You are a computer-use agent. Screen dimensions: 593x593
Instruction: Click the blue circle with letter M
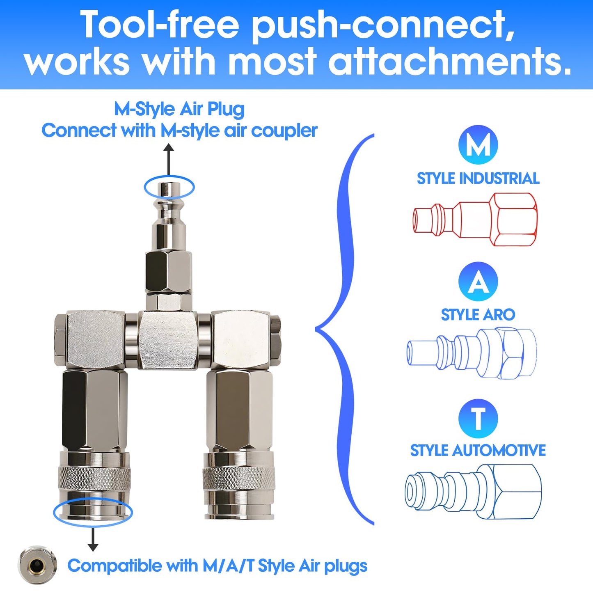(478, 145)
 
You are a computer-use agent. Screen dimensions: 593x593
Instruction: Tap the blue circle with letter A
(478, 282)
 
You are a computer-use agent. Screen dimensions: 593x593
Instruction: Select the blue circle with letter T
(478, 418)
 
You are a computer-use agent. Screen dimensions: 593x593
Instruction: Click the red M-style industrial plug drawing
(475, 220)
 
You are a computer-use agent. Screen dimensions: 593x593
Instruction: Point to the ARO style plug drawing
(472, 353)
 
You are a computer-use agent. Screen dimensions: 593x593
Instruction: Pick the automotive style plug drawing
(473, 491)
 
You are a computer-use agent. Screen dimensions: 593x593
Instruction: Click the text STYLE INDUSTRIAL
(478, 179)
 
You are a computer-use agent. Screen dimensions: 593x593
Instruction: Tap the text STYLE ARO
(478, 315)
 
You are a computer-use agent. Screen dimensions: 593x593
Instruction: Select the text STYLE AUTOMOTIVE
(478, 450)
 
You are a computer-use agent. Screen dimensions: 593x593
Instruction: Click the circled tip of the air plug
(169, 188)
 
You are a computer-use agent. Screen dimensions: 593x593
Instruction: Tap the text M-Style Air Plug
(179, 109)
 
